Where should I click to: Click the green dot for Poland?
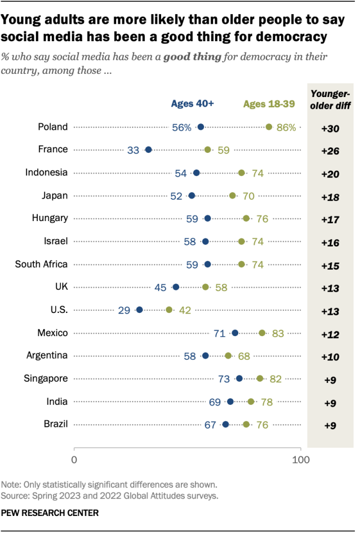point(269,127)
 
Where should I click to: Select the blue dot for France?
point(148,149)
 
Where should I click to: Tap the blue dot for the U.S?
point(139,310)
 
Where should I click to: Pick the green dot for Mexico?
point(262,333)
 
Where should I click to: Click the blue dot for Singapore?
point(239,378)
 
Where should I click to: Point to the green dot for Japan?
point(233,195)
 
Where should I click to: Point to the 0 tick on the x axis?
point(74,459)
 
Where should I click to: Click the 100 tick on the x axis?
point(301,459)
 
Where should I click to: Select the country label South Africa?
point(41,264)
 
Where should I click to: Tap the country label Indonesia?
point(47,173)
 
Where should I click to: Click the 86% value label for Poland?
point(286,127)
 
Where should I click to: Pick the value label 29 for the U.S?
point(125,310)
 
